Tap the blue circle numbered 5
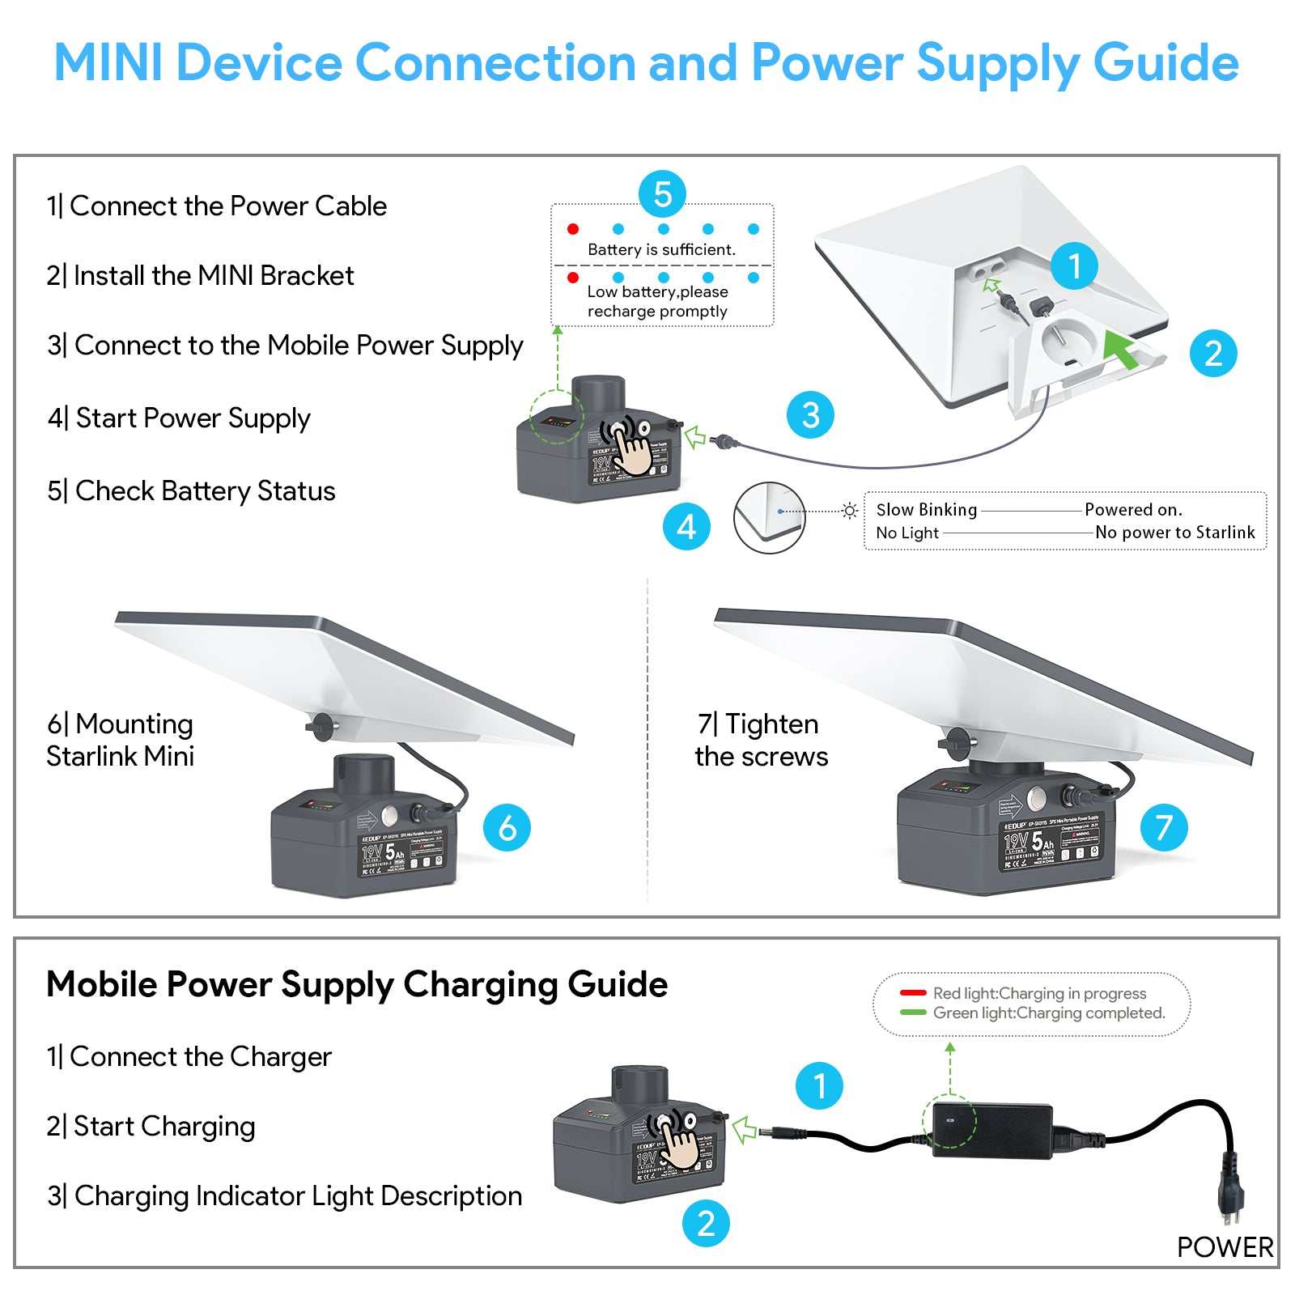pyautogui.click(x=662, y=194)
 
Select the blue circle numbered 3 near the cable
pyautogui.click(x=810, y=415)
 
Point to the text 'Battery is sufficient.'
pyautogui.click(x=661, y=250)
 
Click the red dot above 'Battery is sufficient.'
pyautogui.click(x=573, y=229)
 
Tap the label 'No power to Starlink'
pyautogui.click(x=1174, y=533)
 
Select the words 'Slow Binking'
pyautogui.click(x=926, y=510)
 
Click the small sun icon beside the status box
pyautogui.click(x=849, y=511)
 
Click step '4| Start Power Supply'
pyautogui.click(x=179, y=418)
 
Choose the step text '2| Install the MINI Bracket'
pyautogui.click(x=200, y=276)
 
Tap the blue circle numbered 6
pyautogui.click(x=507, y=827)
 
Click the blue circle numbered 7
pyautogui.click(x=1164, y=827)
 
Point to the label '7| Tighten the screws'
pyautogui.click(x=760, y=740)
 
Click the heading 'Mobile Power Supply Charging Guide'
pyautogui.click(x=357, y=985)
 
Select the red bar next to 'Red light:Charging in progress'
pyautogui.click(x=913, y=993)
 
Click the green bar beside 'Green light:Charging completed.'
pyautogui.click(x=913, y=1013)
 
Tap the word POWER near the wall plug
pyautogui.click(x=1225, y=1247)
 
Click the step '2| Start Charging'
pyautogui.click(x=151, y=1127)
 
